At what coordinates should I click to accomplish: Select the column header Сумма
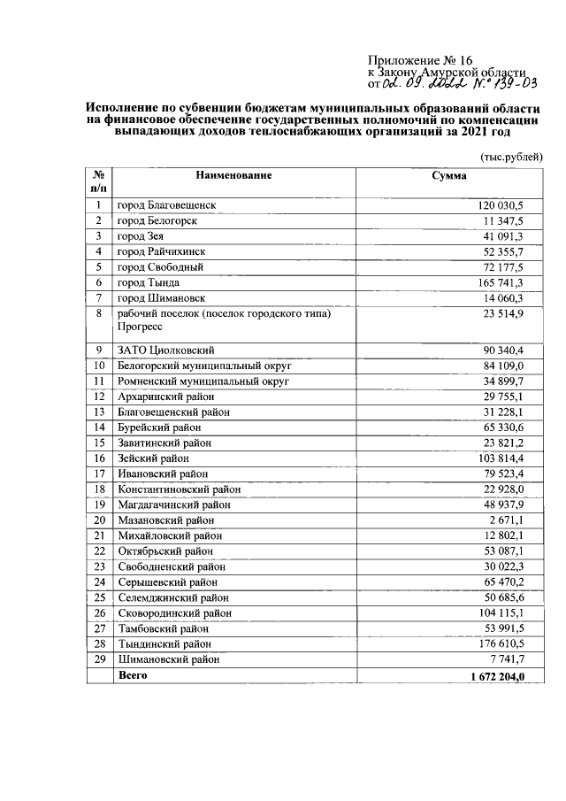448,175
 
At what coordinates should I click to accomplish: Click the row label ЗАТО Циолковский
166,350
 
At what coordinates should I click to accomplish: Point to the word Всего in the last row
133,676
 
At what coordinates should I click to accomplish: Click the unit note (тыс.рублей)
511,156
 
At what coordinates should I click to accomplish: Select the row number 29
100,659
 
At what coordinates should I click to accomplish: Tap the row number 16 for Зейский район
100,458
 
